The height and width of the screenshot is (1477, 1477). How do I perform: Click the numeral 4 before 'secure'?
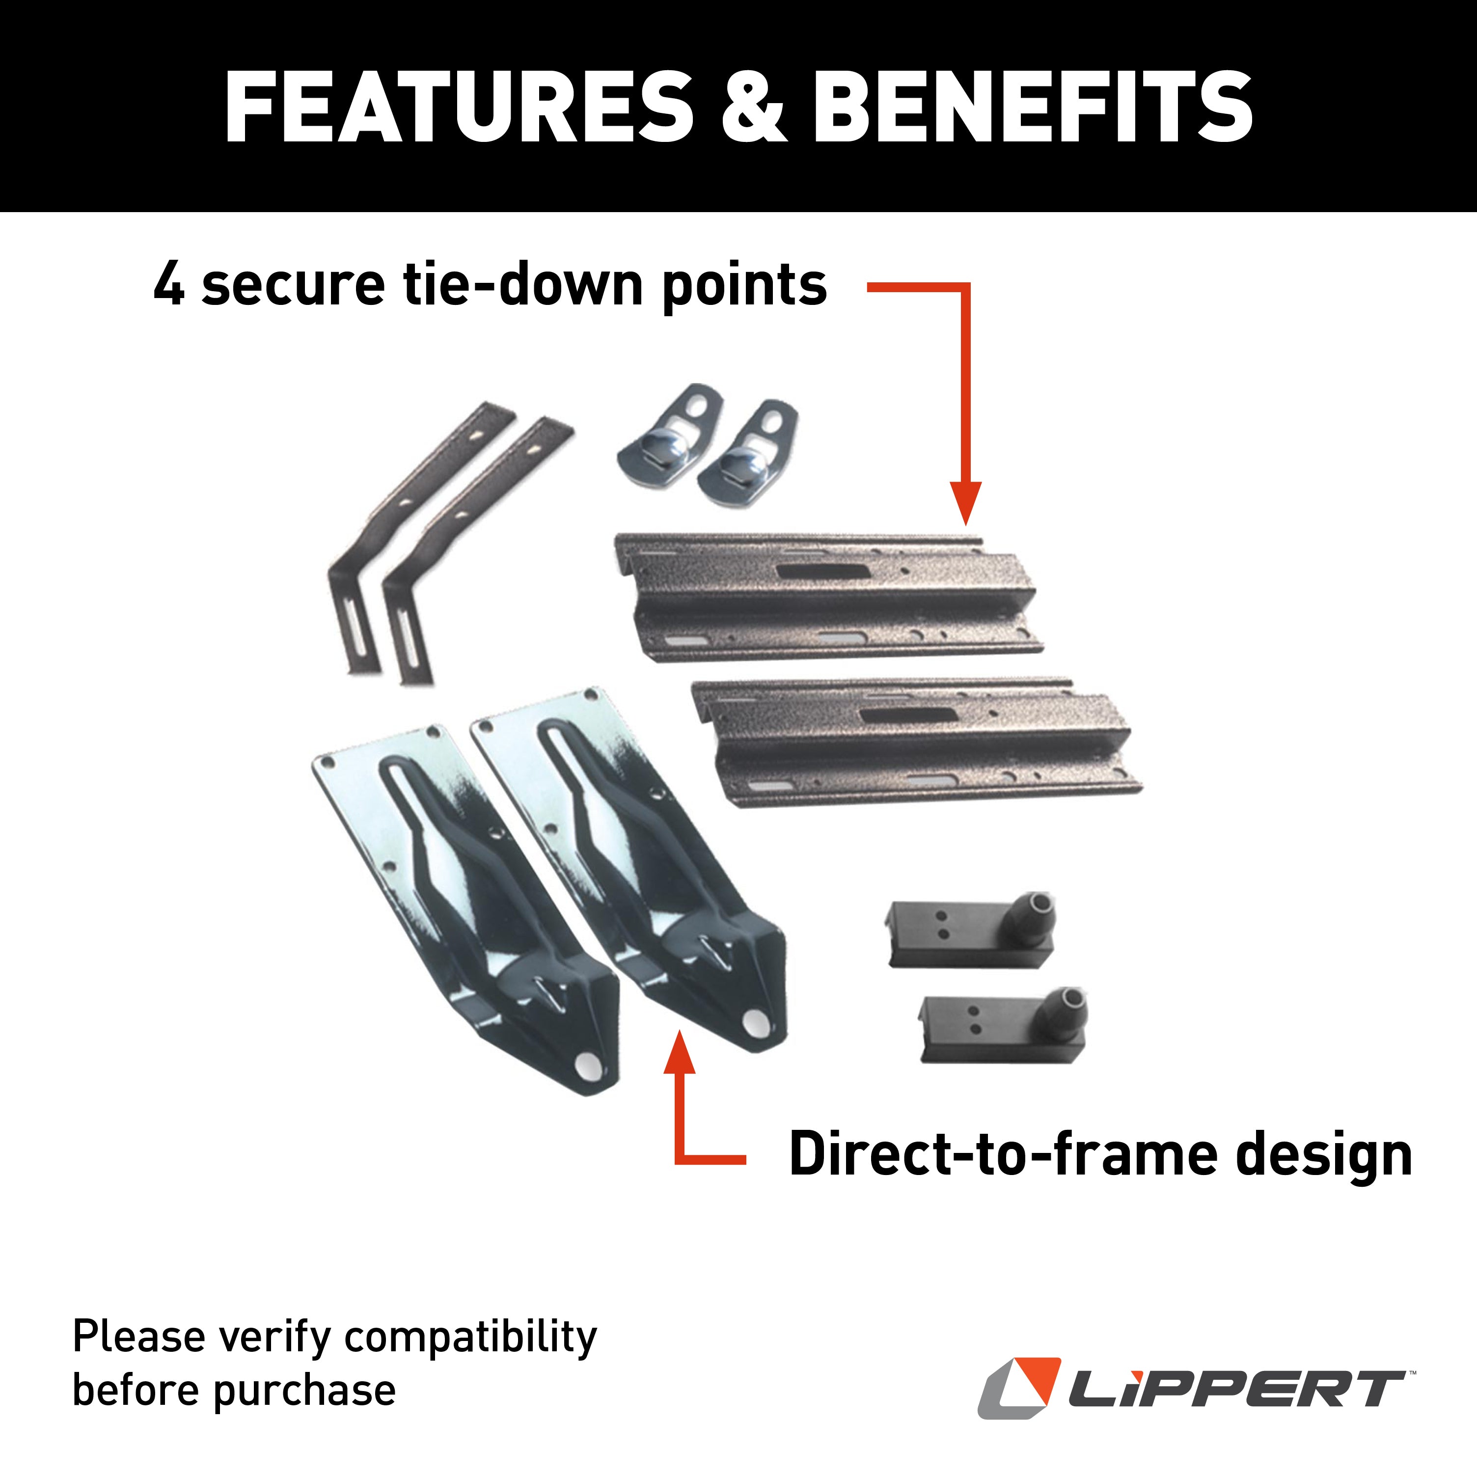(169, 284)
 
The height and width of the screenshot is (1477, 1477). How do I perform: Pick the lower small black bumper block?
(1002, 1028)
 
